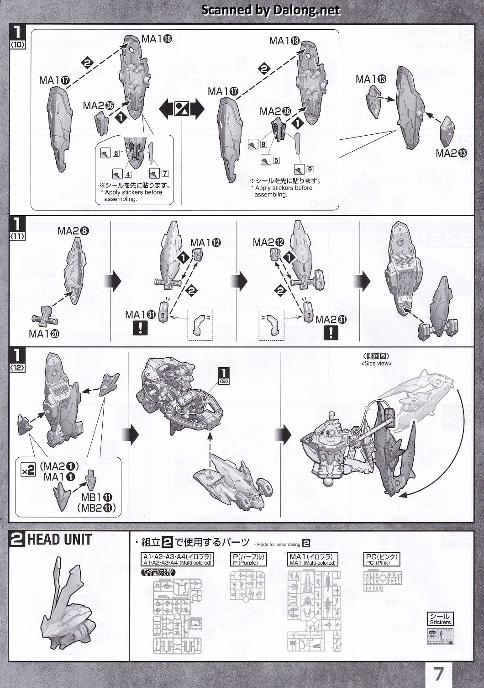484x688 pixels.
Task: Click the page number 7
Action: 438,673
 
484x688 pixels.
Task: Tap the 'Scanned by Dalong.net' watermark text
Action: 271,10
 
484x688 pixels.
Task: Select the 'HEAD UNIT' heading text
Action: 59,540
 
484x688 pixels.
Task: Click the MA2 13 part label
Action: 452,153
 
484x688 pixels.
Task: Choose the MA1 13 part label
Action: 371,79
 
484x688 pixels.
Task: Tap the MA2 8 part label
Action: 73,231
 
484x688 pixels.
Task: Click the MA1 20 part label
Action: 44,334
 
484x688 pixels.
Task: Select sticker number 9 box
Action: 310,169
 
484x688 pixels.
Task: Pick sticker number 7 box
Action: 164,174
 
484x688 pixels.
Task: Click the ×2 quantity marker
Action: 28,470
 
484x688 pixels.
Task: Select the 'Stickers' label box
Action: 440,619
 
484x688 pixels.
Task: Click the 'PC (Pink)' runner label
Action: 382,560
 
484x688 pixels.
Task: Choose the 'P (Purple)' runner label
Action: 248,560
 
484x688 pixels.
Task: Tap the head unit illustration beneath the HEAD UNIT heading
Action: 68,603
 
